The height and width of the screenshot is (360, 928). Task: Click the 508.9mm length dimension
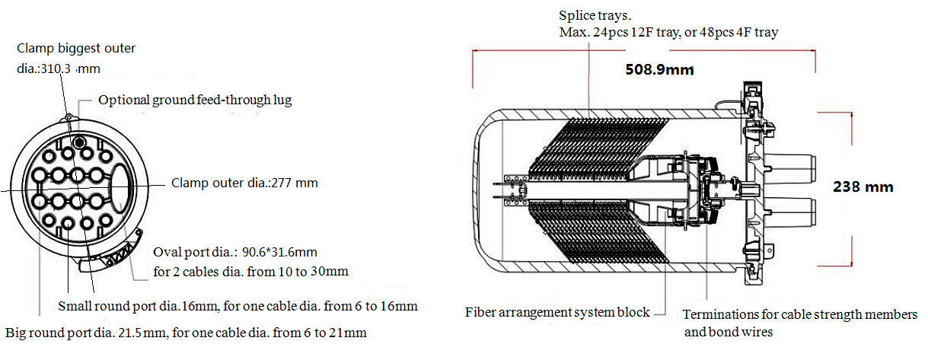pos(660,70)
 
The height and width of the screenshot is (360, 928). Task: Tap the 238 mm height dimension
pos(863,186)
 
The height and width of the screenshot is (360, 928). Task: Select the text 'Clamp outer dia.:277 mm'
pos(244,183)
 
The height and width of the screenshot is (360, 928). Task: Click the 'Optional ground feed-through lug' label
pos(195,100)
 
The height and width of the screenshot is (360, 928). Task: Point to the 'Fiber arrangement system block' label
pos(557,312)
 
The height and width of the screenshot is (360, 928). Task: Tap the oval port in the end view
pos(122,186)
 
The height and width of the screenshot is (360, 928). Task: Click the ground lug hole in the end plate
pos(78,144)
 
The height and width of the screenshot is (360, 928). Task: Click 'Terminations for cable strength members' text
pos(799,314)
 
